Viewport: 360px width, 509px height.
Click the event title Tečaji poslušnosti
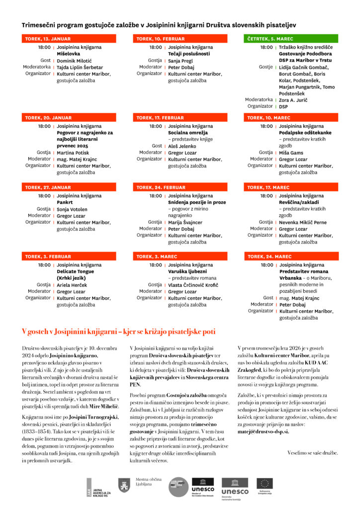(x=188, y=54)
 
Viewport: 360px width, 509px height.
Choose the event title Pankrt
(x=65, y=203)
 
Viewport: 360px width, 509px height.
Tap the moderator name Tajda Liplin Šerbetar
(x=80, y=67)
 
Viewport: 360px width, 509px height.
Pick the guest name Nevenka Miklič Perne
(x=302, y=223)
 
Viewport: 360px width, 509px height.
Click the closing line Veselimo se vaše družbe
(x=312, y=453)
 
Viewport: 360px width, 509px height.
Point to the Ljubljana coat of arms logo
(x=124, y=485)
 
